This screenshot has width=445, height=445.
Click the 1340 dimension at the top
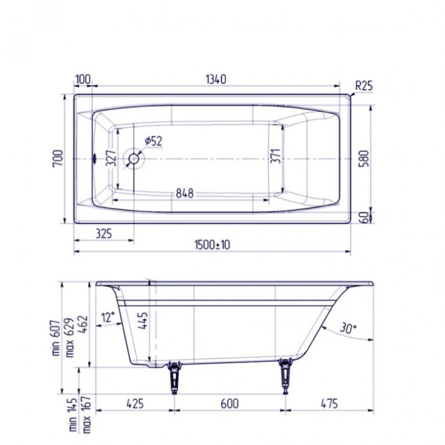coord(215,79)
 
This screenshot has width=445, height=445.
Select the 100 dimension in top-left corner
coord(83,79)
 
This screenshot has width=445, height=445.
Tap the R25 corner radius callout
coord(364,85)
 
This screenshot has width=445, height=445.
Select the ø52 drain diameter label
coord(153,140)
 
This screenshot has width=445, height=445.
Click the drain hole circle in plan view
coord(135,158)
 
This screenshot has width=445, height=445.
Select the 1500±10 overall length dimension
coord(213,244)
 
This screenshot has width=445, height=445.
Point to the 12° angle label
coord(108,317)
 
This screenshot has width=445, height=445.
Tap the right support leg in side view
coord(284,376)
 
